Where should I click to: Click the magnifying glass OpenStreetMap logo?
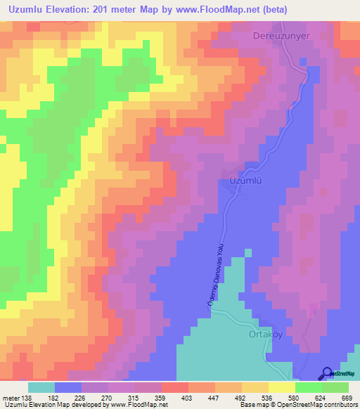coord(328,373)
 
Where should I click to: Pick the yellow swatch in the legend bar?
coord(281,388)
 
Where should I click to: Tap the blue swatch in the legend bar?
coord(68,388)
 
